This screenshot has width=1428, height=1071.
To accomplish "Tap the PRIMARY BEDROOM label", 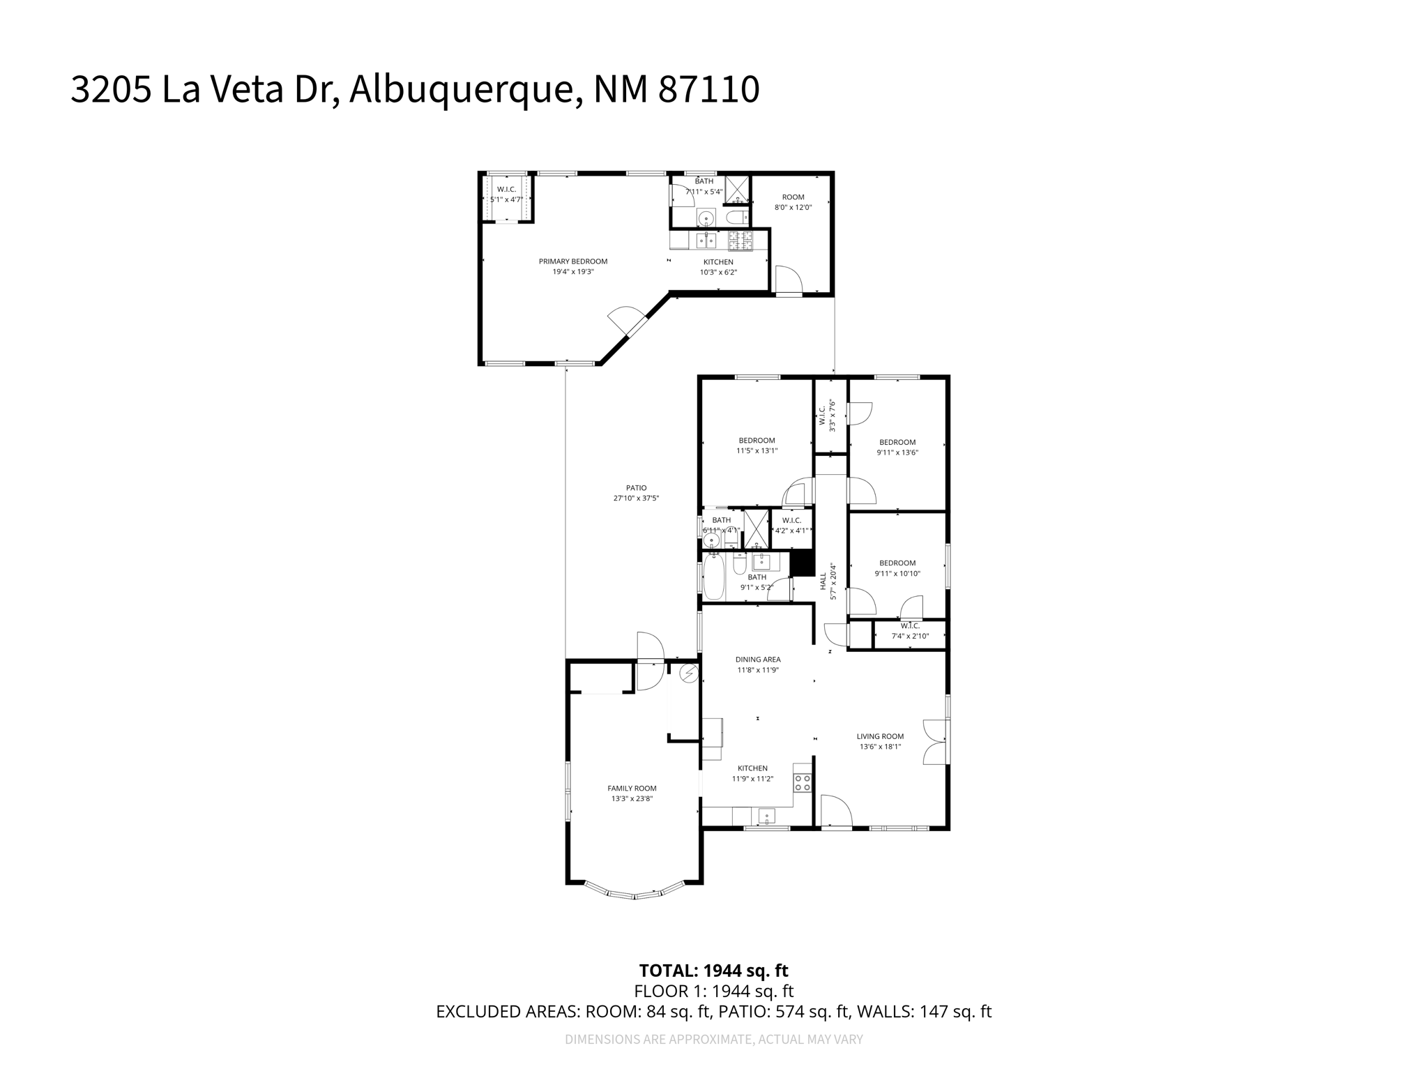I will (572, 261).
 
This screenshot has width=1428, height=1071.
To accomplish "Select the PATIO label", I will (636, 488).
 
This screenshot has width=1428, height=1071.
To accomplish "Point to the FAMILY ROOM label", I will (632, 789).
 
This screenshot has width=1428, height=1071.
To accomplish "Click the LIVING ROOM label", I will (880, 736).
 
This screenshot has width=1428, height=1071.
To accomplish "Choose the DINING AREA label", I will (758, 660).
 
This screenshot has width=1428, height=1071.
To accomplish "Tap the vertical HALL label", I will (823, 581).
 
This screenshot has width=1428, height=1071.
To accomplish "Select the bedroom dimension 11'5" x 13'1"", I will (757, 451).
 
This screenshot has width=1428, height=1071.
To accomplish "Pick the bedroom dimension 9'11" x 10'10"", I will (897, 574).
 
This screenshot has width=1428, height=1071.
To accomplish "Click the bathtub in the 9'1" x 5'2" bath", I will (714, 578).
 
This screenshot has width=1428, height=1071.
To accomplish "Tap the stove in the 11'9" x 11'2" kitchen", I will (803, 782).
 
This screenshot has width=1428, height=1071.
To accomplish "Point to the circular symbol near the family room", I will (689, 674).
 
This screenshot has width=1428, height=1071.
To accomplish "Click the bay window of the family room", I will (634, 893).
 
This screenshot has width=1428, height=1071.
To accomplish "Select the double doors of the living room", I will (936, 742).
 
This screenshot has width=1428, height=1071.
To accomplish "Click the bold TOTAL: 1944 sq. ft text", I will (713, 971).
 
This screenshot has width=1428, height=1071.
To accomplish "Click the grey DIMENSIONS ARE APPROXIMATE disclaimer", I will (713, 1040).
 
